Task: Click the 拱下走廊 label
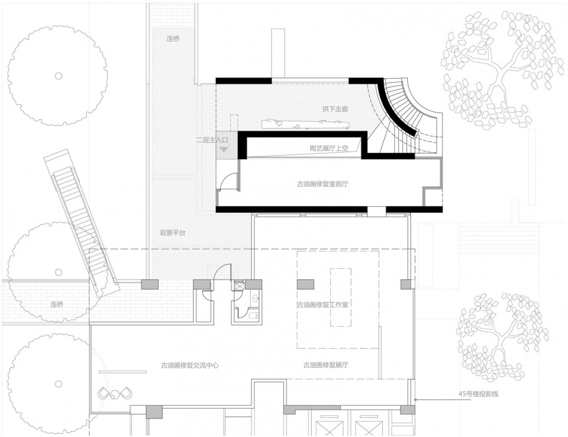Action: point(335,109)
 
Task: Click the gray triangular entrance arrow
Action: point(224,148)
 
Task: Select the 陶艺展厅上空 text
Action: point(328,148)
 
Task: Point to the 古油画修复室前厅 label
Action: point(322,184)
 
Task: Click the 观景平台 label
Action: point(173,233)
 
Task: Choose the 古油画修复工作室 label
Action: point(323,304)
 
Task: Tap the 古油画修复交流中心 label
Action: point(190,365)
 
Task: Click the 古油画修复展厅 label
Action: point(326,365)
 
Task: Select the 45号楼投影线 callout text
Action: point(478,394)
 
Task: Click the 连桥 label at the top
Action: point(173,39)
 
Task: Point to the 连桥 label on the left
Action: point(57,304)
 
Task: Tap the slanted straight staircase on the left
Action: point(82,221)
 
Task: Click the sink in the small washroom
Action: point(256,299)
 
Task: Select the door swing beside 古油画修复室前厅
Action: point(228,181)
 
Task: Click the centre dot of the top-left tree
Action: point(59,76)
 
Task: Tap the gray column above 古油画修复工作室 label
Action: point(305,284)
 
